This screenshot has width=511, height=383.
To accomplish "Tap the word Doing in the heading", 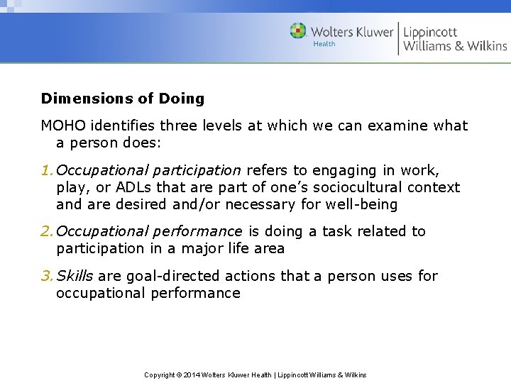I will [181, 99].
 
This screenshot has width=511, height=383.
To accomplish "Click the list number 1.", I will [46, 170].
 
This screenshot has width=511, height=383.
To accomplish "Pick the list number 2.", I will [46, 231].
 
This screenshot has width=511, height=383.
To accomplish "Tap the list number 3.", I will [46, 276].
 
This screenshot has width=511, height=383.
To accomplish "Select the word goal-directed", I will [155, 276].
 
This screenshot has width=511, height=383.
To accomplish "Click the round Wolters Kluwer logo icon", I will [299, 31].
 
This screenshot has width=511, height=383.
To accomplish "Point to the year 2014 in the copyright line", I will [192, 374].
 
